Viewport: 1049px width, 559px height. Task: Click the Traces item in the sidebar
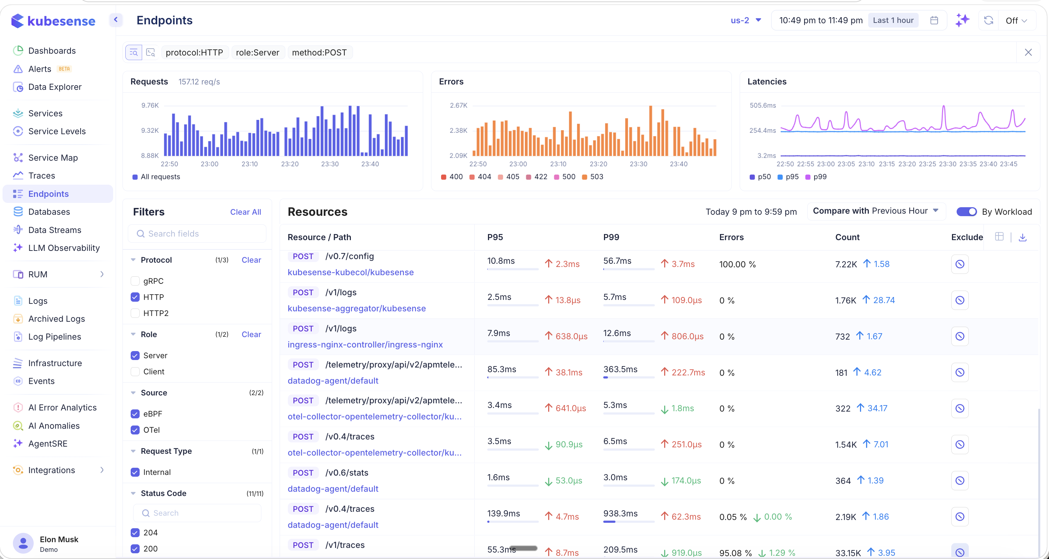[41, 175]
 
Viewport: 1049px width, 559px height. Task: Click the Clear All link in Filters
[245, 212]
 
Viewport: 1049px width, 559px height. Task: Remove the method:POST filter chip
[319, 53]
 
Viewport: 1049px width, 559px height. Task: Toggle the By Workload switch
[966, 212]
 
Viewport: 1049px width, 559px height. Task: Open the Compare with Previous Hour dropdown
[875, 211]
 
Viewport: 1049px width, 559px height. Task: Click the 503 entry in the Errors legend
[596, 177]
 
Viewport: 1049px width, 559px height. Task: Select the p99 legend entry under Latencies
[819, 177]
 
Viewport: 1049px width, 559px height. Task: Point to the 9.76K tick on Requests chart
[150, 106]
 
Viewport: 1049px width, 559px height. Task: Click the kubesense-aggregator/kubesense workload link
[356, 308]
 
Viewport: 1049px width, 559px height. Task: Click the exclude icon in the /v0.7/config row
[959, 264]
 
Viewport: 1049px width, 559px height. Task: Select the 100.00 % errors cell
[737, 264]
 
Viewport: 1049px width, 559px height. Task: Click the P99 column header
[611, 237]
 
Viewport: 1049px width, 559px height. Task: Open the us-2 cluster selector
[745, 20]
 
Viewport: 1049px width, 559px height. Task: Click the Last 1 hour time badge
[893, 20]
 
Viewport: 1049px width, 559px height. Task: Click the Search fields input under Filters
[197, 234]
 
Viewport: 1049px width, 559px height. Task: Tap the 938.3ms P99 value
[620, 514]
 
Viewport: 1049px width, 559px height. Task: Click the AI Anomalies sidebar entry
[54, 426]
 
